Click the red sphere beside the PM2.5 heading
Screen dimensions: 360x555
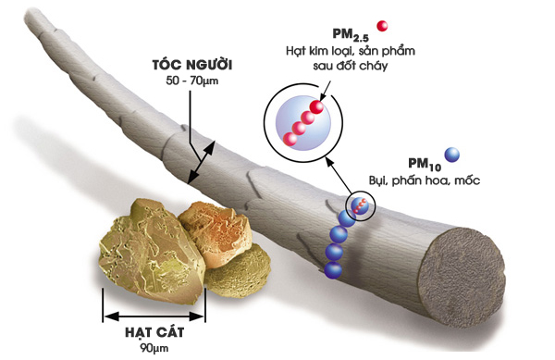tap(380, 25)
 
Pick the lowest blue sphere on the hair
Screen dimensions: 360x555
tap(334, 269)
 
